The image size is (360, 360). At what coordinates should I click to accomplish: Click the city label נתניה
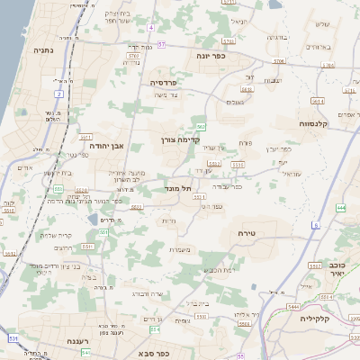coord(42,51)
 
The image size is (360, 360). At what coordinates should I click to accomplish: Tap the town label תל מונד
coord(173,188)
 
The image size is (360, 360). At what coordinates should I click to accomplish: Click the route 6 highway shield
coord(316,224)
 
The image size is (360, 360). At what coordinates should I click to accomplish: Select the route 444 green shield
coord(340,208)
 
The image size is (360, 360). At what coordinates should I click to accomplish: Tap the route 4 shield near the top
coord(153,28)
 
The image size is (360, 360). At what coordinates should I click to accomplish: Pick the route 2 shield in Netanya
coord(59,93)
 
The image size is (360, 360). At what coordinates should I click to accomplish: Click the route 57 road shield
coord(161,42)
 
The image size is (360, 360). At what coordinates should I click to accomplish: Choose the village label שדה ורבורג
coord(146,294)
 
